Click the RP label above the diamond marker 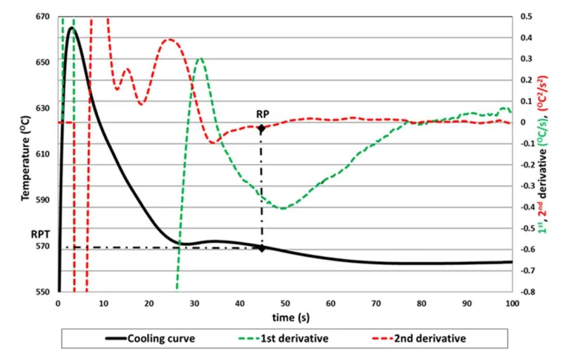[x=263, y=113]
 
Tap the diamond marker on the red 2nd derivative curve [x=262, y=128]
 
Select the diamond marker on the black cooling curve [x=262, y=248]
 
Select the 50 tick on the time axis [x=284, y=302]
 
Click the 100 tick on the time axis [x=512, y=302]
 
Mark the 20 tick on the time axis [x=149, y=302]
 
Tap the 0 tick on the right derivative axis [x=524, y=123]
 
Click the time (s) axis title [x=284, y=314]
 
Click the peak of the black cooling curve [x=71, y=27]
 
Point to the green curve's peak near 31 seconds [x=201, y=58]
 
